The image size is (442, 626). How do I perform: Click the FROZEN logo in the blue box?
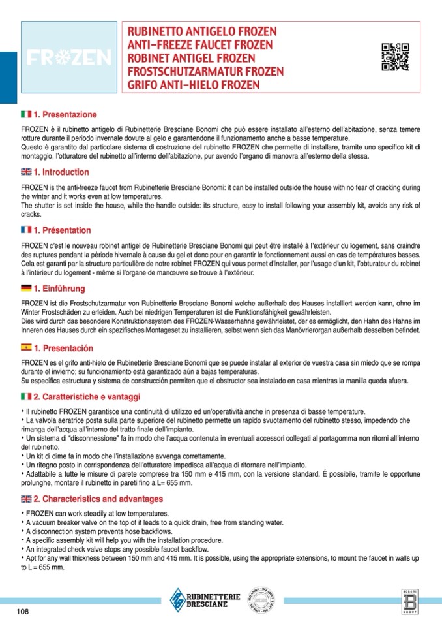pyautogui.click(x=68, y=58)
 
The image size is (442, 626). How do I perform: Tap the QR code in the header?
pyautogui.click(x=395, y=57)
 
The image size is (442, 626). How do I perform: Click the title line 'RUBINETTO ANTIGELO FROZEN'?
pyautogui.click(x=202, y=32)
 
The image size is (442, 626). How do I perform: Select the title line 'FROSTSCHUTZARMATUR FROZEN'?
pyautogui.click(x=205, y=72)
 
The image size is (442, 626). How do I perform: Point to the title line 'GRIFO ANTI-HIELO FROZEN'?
pyautogui.click(x=194, y=85)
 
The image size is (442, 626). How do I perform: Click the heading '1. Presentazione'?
pyautogui.click(x=65, y=115)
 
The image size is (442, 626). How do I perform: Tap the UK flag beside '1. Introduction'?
pyautogui.click(x=26, y=172)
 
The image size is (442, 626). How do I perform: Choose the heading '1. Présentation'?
pyautogui.click(x=62, y=230)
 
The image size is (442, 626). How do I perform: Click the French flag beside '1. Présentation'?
pyautogui.click(x=26, y=230)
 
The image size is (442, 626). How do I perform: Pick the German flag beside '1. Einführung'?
pyautogui.click(x=26, y=289)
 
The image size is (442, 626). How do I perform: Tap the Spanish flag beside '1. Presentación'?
pyautogui.click(x=26, y=347)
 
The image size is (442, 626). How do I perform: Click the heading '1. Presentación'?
pyautogui.click(x=63, y=347)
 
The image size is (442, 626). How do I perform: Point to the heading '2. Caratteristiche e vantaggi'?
pyautogui.click(x=87, y=397)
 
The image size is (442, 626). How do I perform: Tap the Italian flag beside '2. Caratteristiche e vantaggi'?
pyautogui.click(x=26, y=397)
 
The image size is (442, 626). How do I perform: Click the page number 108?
pyautogui.click(x=23, y=612)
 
